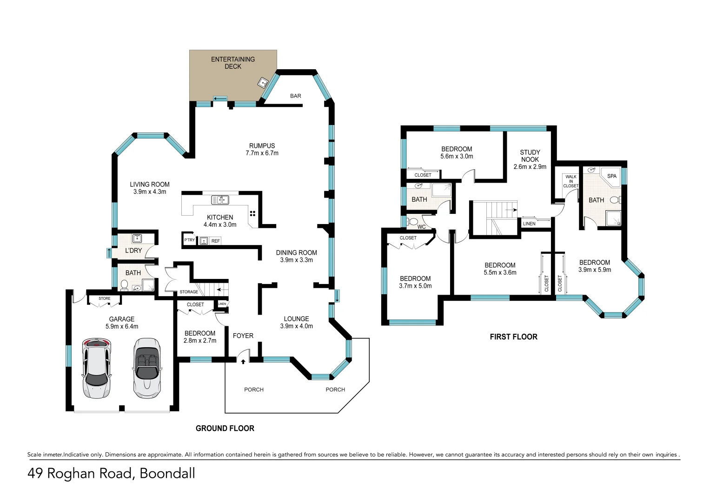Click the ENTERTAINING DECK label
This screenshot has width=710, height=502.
(232, 63)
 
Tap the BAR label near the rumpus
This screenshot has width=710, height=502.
(296, 96)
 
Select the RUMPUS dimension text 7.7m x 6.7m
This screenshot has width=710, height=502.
(262, 153)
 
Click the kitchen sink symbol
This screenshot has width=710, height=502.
(220, 200)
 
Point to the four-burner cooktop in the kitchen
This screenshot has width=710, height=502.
(252, 214)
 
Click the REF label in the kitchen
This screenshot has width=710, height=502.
(215, 241)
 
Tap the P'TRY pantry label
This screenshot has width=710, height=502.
(189, 240)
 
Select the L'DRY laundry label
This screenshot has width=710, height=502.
(133, 251)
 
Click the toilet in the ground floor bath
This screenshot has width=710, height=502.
(124, 284)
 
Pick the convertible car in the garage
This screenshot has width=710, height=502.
(147, 368)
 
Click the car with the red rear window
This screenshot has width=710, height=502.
(97, 368)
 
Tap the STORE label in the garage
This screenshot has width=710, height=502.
(105, 298)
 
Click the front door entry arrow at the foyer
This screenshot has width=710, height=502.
(243, 362)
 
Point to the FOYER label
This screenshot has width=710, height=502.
(243, 336)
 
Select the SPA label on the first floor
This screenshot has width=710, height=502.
(611, 176)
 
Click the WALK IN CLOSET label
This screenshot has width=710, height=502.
(571, 181)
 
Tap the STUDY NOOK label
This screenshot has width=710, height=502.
(530, 156)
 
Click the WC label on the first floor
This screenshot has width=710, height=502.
(421, 227)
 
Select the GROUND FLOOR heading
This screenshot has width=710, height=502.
(225, 429)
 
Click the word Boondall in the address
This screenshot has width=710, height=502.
(167, 473)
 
